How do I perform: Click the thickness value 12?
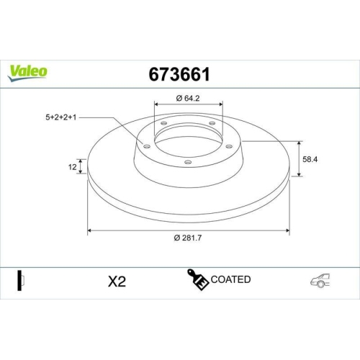[x=72, y=167]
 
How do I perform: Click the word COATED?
[x=231, y=279]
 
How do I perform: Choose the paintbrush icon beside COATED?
[x=199, y=280]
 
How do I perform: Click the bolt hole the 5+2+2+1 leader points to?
[x=147, y=146]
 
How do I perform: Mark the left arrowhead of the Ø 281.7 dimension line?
[x=90, y=230]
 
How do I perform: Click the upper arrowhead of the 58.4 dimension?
[x=299, y=142]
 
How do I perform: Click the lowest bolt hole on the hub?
[x=188, y=162]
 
